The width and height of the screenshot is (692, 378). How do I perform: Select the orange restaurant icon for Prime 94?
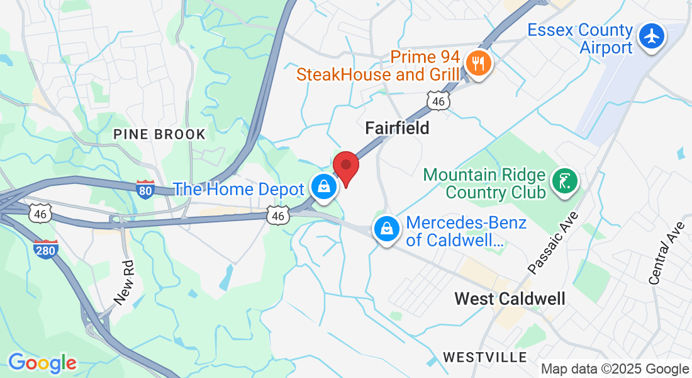(x=479, y=64)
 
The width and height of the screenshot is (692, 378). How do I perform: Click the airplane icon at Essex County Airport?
(x=652, y=37)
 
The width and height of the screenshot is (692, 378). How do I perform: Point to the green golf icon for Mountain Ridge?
(x=564, y=182)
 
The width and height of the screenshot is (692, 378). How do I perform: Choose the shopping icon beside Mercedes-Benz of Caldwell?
(x=388, y=229)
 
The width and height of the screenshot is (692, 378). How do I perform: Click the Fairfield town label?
(x=397, y=129)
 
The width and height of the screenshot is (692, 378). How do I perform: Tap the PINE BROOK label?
(x=159, y=134)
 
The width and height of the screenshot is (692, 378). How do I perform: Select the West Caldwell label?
(x=510, y=298)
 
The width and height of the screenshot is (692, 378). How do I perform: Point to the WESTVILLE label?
(x=485, y=357)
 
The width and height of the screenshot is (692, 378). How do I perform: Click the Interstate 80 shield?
(x=145, y=189)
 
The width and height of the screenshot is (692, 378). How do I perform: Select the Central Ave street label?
(x=666, y=253)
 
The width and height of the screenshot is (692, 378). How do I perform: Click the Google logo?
(x=42, y=363)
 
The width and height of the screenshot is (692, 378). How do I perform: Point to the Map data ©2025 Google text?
(x=615, y=369)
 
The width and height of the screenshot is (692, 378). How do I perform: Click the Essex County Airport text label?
(x=579, y=38)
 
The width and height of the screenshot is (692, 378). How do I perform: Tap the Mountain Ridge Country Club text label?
(x=484, y=182)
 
